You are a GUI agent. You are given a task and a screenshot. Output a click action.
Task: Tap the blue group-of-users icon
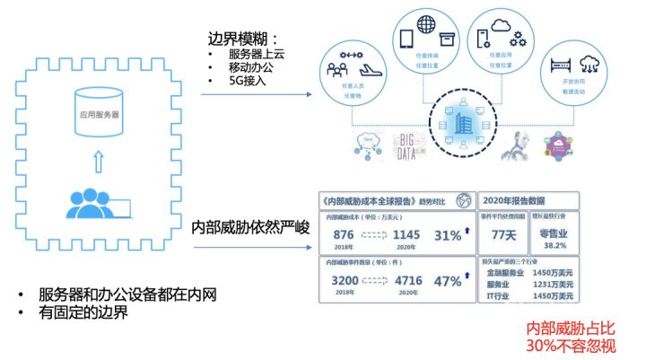[89, 202]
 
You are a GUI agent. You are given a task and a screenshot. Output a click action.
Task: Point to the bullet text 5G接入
[247, 81]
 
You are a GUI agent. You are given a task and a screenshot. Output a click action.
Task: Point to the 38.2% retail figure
[558, 246]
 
